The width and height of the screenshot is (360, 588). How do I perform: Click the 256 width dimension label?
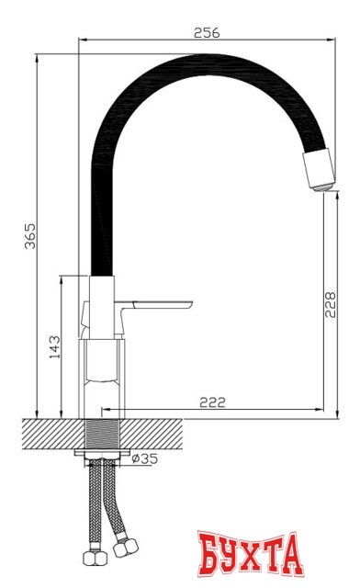coord(208,32)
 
